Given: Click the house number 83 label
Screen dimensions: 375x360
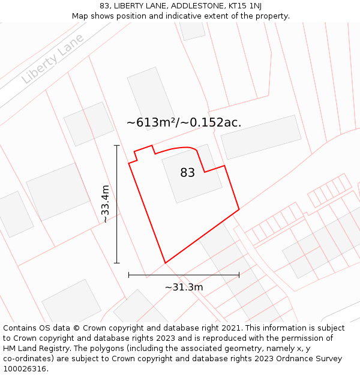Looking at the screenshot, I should pyautogui.click(x=188, y=173).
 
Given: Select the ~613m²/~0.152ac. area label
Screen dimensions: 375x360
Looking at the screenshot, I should pyautogui.click(x=184, y=122).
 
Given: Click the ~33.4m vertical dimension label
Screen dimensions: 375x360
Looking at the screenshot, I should pyautogui.click(x=106, y=204).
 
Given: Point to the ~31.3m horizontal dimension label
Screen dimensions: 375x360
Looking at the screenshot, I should pyautogui.click(x=184, y=287).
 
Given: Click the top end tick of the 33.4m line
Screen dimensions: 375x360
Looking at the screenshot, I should pyautogui.click(x=116, y=145).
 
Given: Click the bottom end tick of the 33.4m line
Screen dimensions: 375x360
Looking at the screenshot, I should pyautogui.click(x=116, y=263).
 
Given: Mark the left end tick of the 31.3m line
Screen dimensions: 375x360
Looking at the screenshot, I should pyautogui.click(x=129, y=275).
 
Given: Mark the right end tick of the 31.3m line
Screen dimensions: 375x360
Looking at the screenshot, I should pyautogui.click(x=239, y=275).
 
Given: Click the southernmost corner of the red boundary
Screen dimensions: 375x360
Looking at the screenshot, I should pyautogui.click(x=165, y=263).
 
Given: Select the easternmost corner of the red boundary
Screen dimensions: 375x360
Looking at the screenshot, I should pyautogui.click(x=239, y=209).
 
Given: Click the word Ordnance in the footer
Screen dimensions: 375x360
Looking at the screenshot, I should pyautogui.click(x=290, y=359).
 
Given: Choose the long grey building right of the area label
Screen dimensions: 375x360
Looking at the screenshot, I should pyautogui.click(x=261, y=137).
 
